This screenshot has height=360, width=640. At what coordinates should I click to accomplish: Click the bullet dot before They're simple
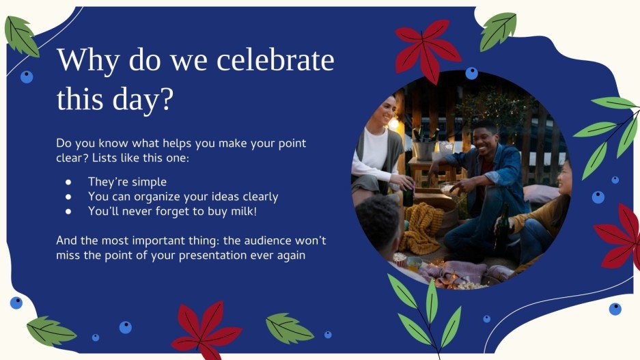(x=68, y=182)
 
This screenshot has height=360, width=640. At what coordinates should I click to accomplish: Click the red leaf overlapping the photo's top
(x=428, y=48)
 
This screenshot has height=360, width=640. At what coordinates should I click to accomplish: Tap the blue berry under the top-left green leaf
(x=27, y=77)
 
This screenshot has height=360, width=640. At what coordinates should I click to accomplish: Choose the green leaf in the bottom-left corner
(x=50, y=331)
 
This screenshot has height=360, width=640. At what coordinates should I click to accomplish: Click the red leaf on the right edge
(x=620, y=236)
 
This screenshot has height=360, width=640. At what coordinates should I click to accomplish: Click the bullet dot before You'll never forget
(x=68, y=212)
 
